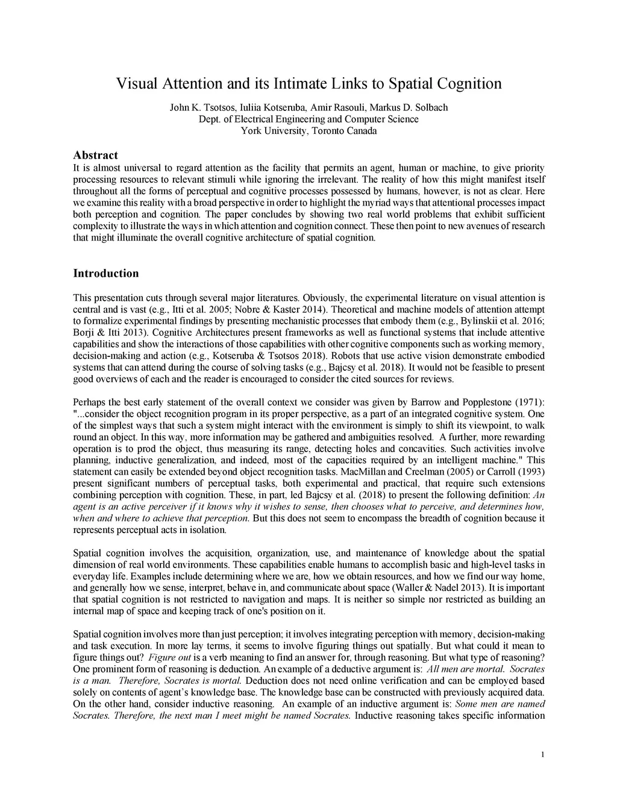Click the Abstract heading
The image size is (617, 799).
tap(95, 156)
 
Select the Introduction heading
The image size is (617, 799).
tap(105, 273)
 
